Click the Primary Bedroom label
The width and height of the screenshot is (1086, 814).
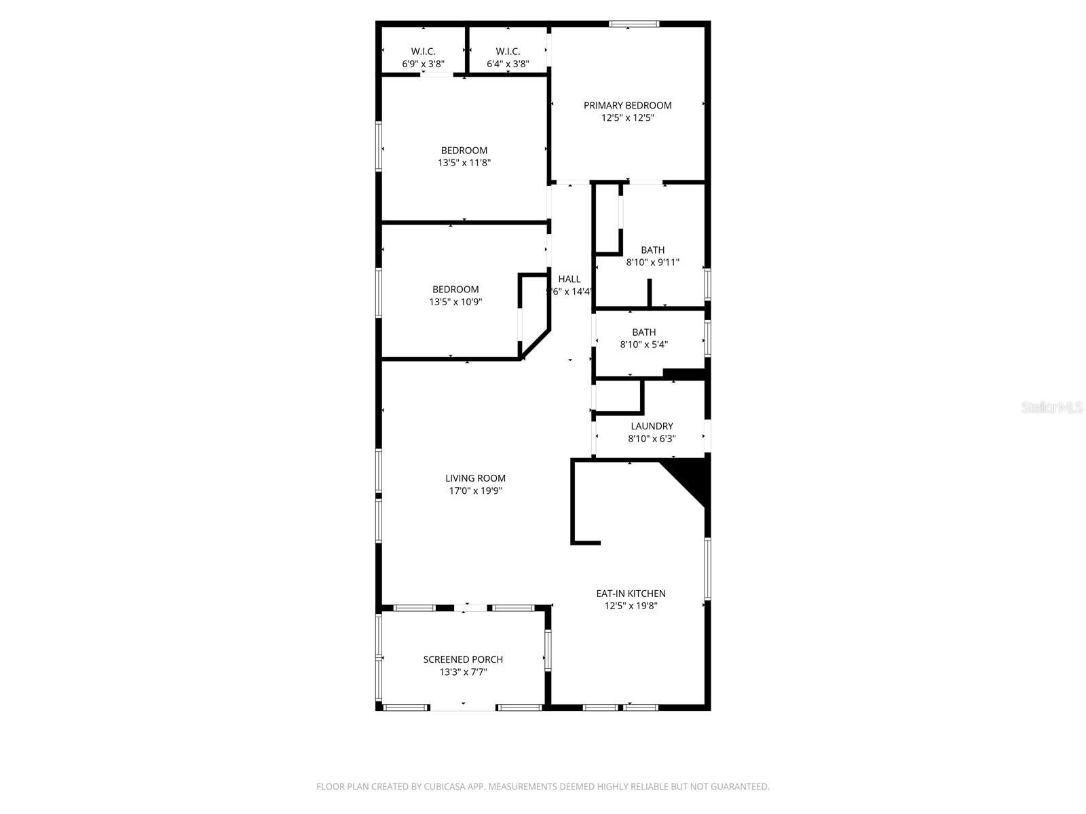pyautogui.click(x=627, y=105)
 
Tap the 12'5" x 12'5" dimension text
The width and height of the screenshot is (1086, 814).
pyautogui.click(x=627, y=118)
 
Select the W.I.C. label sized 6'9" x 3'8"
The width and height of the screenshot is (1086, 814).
pyautogui.click(x=423, y=52)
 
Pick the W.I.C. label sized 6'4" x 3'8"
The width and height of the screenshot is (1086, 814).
pyautogui.click(x=508, y=52)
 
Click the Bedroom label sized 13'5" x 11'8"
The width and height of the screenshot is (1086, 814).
pyautogui.click(x=464, y=151)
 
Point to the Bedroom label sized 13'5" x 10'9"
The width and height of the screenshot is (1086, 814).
pyautogui.click(x=455, y=290)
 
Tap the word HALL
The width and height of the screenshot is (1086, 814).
pyautogui.click(x=569, y=279)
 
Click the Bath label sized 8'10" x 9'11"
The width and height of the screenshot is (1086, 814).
pyautogui.click(x=653, y=250)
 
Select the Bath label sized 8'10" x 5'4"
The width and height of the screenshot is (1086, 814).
pyautogui.click(x=644, y=332)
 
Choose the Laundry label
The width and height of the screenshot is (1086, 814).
pyautogui.click(x=652, y=427)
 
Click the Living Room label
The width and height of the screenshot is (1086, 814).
pyautogui.click(x=475, y=478)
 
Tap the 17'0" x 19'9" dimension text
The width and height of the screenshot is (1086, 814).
pyautogui.click(x=475, y=491)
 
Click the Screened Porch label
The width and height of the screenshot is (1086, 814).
pyautogui.click(x=463, y=659)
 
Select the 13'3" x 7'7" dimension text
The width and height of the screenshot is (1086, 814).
pyautogui.click(x=463, y=672)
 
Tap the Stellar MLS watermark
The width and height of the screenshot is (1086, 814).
pyautogui.click(x=1053, y=408)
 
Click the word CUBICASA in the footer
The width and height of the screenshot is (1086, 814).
pyautogui.click(x=444, y=787)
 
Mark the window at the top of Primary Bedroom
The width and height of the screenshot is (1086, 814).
pyautogui.click(x=633, y=24)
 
